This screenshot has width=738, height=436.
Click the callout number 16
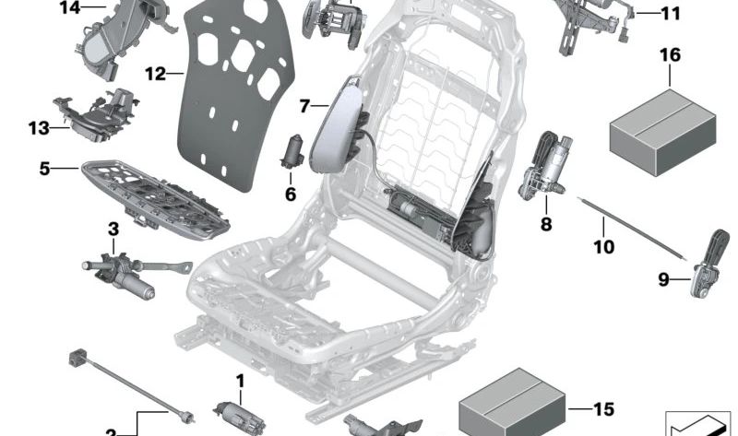pos(670,55)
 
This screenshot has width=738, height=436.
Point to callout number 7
pos(305,106)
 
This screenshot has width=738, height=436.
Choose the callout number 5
pos(44,169)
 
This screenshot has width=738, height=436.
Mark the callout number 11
pos(670,14)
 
